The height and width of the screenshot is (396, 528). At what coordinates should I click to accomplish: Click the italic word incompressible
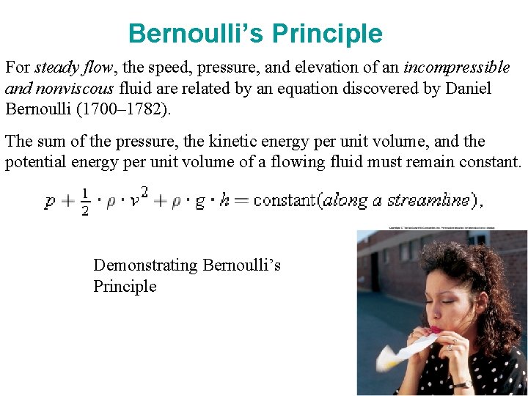tap(456, 67)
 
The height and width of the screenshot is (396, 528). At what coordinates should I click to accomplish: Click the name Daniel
tap(466, 89)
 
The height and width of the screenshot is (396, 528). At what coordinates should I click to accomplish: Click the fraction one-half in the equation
tap(86, 200)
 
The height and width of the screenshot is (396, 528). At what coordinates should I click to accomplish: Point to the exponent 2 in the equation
tap(144, 192)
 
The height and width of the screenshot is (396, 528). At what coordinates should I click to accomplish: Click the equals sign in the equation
tap(241, 200)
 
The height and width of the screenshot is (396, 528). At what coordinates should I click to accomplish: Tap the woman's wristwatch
tap(463, 382)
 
